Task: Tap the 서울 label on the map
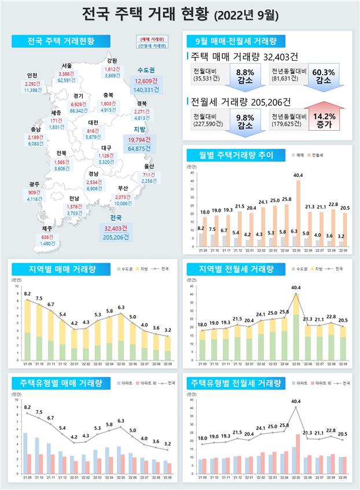tap(66, 65)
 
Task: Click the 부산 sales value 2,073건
tap(122, 197)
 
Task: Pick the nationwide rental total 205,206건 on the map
tap(116, 237)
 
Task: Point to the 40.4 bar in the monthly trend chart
tap(299, 211)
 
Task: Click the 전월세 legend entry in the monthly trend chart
tap(318, 156)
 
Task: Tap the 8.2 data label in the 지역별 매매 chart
tap(27, 294)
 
